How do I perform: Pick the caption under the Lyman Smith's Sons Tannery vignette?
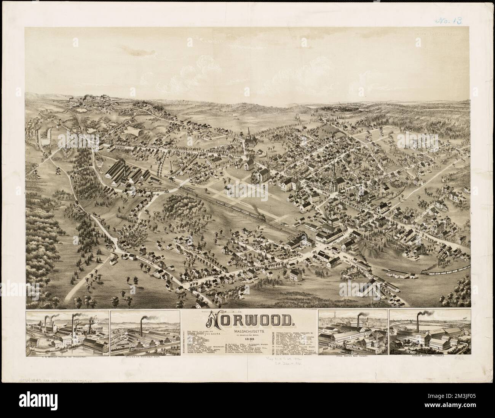pos(353,356)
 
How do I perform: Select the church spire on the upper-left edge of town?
pos(249,133)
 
